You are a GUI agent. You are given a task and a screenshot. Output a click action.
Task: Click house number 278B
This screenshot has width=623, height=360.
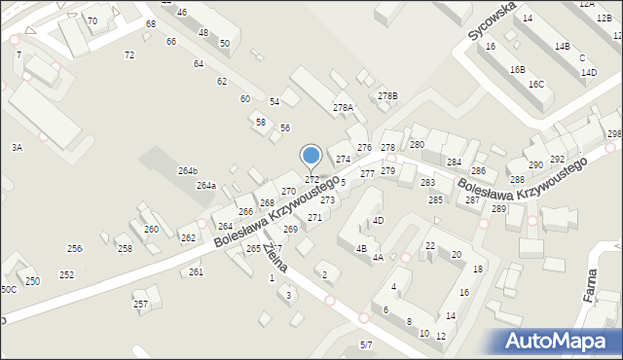point(387,96)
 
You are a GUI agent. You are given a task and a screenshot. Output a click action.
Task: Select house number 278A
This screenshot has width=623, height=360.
point(343,108)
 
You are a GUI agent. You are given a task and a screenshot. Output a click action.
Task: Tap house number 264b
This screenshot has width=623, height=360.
point(187,171)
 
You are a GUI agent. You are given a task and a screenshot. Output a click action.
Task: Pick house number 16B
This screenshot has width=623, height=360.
point(517,69)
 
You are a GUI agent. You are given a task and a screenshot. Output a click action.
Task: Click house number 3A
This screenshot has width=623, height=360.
point(17,147)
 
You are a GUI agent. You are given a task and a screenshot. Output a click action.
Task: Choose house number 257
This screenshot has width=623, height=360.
point(140,305)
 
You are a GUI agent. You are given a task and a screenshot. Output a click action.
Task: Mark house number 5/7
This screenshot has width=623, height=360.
point(366,344)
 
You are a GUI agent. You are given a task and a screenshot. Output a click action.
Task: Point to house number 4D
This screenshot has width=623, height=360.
point(378,221)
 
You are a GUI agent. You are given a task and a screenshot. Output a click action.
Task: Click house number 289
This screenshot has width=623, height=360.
point(499,209)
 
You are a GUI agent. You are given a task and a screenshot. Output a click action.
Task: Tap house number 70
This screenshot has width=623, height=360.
point(92,20)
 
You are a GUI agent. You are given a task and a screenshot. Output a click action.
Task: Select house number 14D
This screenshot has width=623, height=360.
point(589,72)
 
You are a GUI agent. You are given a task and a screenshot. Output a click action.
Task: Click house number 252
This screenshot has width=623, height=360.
point(66,275)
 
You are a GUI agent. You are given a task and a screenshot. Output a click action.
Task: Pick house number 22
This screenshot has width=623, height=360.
point(429,245)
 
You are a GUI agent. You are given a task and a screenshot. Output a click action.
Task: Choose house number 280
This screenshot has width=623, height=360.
point(417,144)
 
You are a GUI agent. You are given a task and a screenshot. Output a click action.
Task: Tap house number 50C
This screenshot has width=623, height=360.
point(8,289)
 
